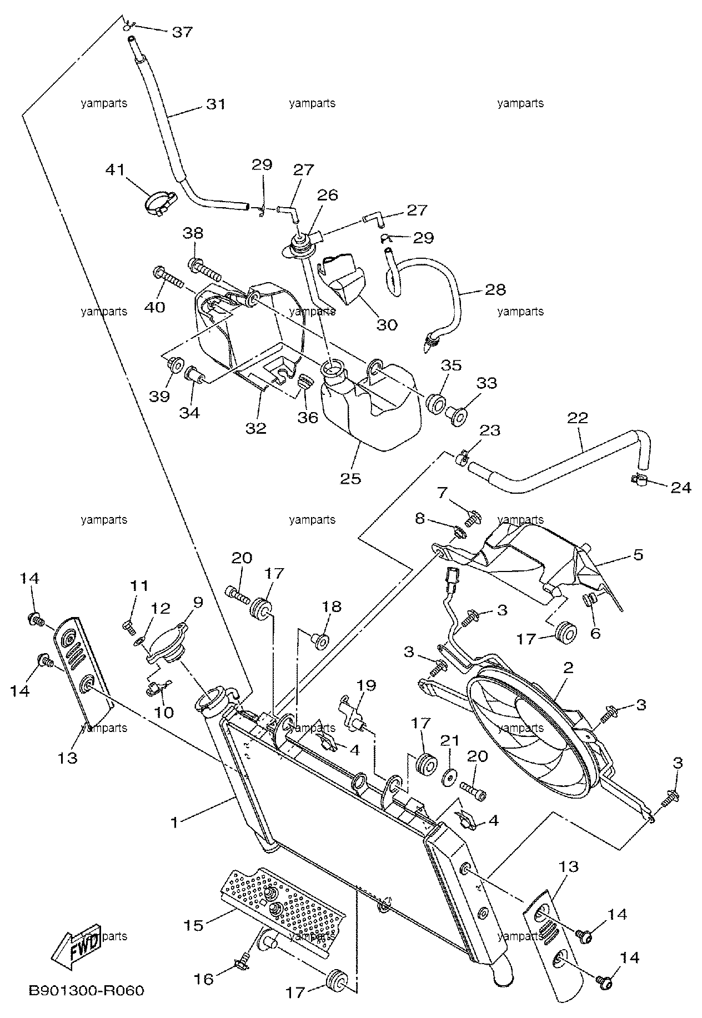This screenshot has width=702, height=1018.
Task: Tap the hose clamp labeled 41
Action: click(160, 203)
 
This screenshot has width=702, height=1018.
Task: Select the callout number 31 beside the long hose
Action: click(216, 104)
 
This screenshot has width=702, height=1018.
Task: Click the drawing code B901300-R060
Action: click(87, 991)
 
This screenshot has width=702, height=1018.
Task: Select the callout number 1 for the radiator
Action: click(174, 822)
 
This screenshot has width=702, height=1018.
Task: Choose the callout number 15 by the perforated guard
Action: click(194, 925)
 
